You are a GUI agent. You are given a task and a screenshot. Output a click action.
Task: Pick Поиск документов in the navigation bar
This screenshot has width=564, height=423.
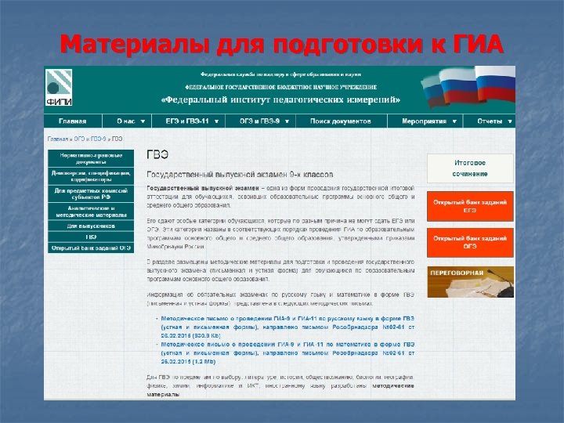click(340, 121)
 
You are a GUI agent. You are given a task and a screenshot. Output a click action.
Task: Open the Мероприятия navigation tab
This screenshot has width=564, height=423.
click(428, 121)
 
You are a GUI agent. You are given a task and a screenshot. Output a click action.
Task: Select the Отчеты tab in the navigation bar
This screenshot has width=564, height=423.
click(490, 121)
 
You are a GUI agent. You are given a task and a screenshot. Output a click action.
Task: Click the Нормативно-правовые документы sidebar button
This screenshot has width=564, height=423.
click(91, 157)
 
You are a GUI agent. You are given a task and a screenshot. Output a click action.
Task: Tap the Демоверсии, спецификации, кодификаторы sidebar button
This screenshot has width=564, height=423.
click(91, 175)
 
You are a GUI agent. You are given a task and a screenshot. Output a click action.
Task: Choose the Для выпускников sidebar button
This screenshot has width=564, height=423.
click(91, 226)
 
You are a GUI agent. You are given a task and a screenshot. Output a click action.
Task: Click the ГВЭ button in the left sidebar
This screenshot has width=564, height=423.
click(91, 237)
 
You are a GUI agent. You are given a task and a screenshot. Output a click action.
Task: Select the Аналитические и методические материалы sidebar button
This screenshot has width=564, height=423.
click(91, 211)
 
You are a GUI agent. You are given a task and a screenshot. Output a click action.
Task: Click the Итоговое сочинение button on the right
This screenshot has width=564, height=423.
click(470, 168)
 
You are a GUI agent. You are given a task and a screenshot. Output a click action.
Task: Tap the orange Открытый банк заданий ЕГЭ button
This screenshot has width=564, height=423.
click(470, 205)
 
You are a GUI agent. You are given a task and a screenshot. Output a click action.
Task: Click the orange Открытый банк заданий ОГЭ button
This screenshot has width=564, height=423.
click(470, 241)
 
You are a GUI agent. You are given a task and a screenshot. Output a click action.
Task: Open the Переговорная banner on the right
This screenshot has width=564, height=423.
click(470, 280)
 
